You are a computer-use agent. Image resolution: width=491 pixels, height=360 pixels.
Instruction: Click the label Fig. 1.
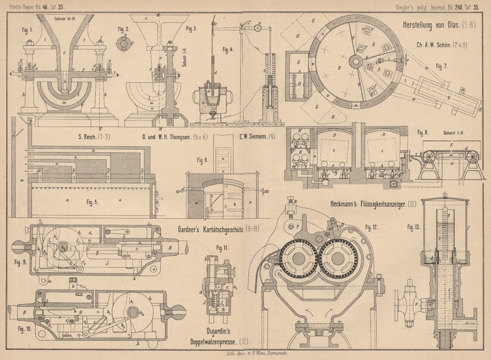click(27, 29)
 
